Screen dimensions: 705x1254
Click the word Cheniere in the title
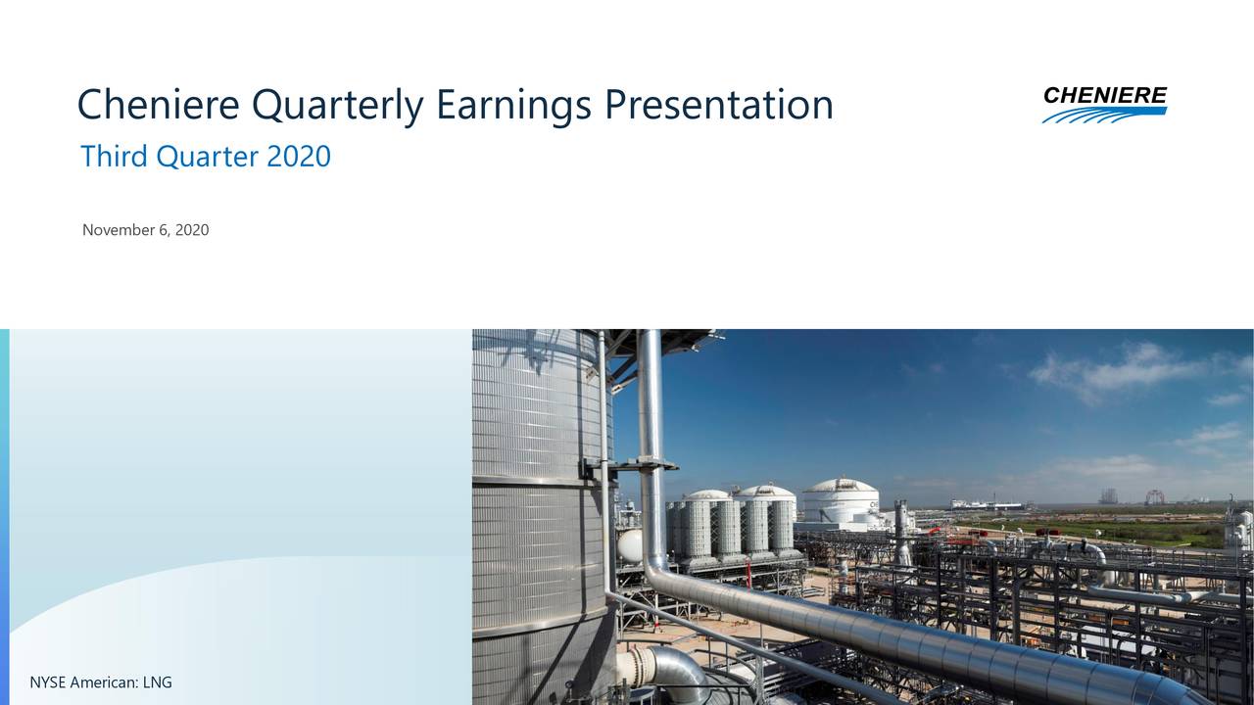click(x=158, y=105)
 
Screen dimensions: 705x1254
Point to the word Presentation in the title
click(x=718, y=105)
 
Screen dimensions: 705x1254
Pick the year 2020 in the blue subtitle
click(x=299, y=156)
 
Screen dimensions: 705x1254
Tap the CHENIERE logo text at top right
click(x=1104, y=95)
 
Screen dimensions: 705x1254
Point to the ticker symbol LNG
click(x=157, y=682)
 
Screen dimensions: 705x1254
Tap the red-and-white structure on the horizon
click(x=1154, y=497)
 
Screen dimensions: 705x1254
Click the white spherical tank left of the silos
click(x=630, y=545)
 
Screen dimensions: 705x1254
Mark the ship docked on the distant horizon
click(x=985, y=505)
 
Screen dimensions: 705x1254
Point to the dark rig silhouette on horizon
click(x=1108, y=495)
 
